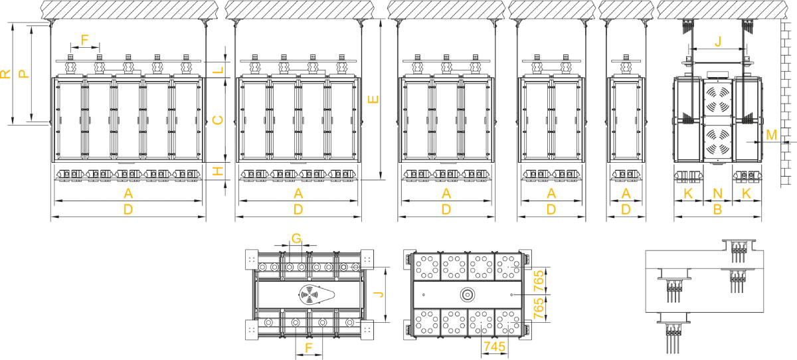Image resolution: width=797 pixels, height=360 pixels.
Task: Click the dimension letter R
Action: [x=5, y=74]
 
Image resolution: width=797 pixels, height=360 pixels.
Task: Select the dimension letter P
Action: [x=23, y=73]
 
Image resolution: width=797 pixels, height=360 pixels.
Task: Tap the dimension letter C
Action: [x=217, y=120]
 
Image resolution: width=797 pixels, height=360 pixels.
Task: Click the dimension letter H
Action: [x=217, y=172]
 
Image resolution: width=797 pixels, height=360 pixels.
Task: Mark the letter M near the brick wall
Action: [x=771, y=135]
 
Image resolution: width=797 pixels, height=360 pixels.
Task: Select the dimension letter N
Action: [x=717, y=194]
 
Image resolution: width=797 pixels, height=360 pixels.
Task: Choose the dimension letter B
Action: [x=717, y=210]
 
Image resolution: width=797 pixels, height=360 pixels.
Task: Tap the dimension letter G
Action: [x=296, y=238]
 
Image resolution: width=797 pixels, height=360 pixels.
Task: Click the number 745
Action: [x=494, y=347]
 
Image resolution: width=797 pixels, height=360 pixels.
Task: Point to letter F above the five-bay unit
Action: [x=84, y=39]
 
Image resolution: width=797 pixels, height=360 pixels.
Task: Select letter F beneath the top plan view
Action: [x=308, y=347]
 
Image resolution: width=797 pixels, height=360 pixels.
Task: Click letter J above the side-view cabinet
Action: [x=717, y=41]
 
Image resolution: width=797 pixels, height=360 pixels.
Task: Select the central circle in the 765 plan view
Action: [x=467, y=293]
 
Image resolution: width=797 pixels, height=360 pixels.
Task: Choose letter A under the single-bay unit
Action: [x=625, y=194]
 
